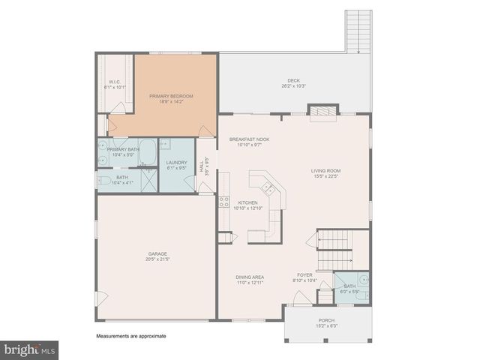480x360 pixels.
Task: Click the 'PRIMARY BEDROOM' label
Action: [x=171, y=96]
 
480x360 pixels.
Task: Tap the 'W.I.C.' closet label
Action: [x=115, y=82]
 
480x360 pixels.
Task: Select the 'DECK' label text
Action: [x=293, y=81]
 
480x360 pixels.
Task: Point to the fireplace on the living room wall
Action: [x=323, y=112]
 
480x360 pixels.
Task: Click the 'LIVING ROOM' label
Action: [x=326, y=171]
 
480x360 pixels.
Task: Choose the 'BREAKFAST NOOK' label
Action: [x=249, y=139]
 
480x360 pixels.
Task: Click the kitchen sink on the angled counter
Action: [x=264, y=183]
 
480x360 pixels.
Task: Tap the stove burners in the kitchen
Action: [x=223, y=201]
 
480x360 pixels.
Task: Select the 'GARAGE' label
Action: [x=157, y=253]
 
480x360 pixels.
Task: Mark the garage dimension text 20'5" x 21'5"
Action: [x=157, y=259]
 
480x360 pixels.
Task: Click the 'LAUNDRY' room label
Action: [x=176, y=163]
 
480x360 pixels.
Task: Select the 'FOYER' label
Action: [x=304, y=274]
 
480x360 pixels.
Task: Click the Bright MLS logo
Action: [x=30, y=349]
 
